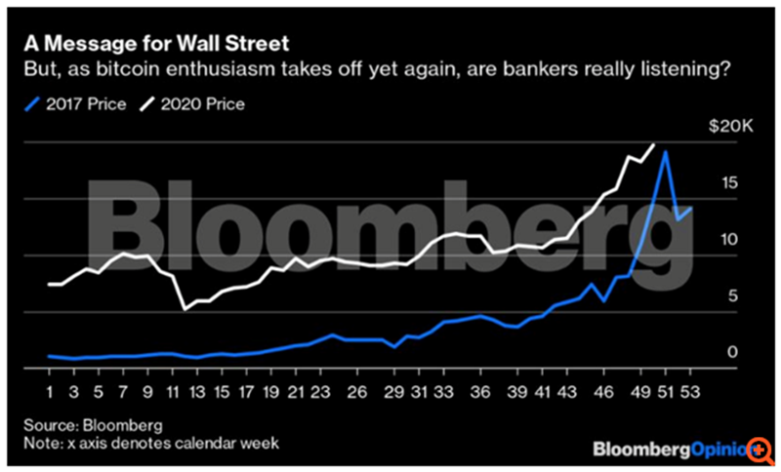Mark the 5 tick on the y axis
click(727, 296)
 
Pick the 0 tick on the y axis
click(727, 352)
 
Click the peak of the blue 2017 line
click(665, 151)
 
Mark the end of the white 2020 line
click(653, 143)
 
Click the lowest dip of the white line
click(184, 309)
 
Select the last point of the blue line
click(691, 208)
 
